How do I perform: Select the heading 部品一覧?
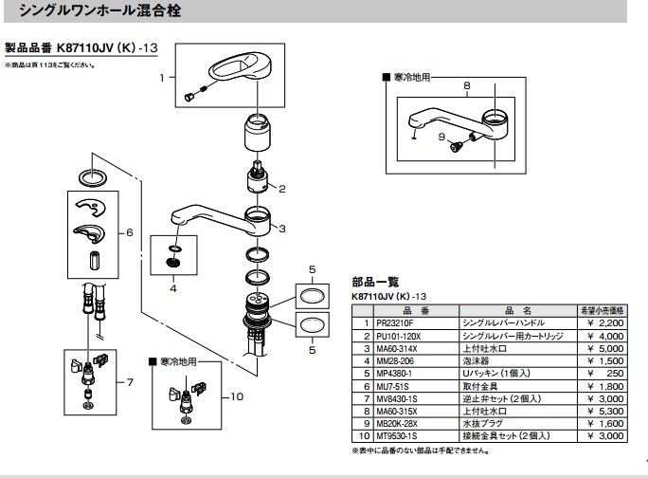pos(376,282)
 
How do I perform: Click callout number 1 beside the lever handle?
pos(162,76)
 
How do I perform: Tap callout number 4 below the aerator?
pos(173,286)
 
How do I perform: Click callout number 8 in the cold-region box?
pos(466,86)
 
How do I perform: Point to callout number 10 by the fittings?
pos(238,395)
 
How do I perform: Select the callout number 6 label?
pos(130,232)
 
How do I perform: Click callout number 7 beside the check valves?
pos(131,383)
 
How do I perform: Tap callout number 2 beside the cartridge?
pos(281,188)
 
